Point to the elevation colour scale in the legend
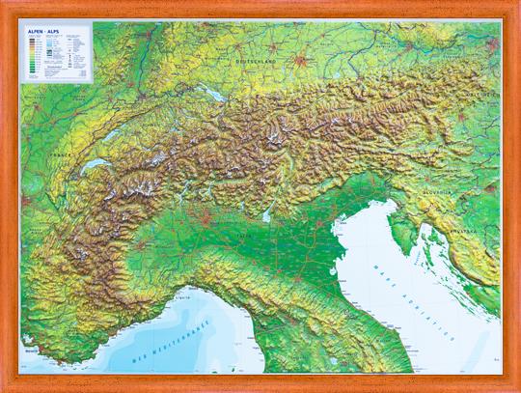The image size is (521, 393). coord(34,56)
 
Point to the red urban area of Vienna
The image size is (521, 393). coord(491,59)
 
